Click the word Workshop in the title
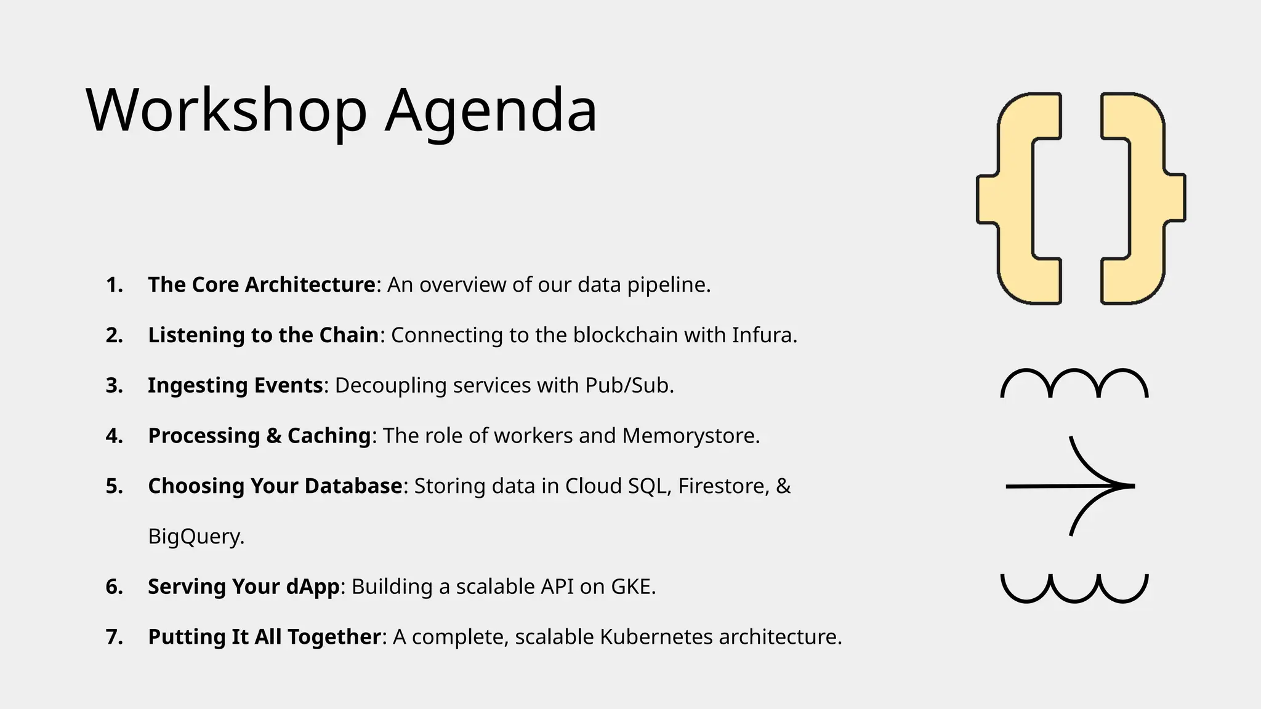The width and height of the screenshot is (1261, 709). point(227,111)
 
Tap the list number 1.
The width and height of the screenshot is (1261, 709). point(114,285)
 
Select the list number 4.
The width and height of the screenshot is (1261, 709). point(114,436)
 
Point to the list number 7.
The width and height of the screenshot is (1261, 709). point(114,637)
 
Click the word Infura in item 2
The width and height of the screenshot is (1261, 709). point(763,335)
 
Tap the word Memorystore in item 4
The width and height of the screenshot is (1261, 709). point(690,436)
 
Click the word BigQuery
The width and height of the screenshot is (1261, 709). point(196,537)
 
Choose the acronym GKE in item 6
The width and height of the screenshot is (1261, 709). point(632,587)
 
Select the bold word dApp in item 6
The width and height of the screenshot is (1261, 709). point(313,587)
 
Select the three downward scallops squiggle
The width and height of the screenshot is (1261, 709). point(1074,588)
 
